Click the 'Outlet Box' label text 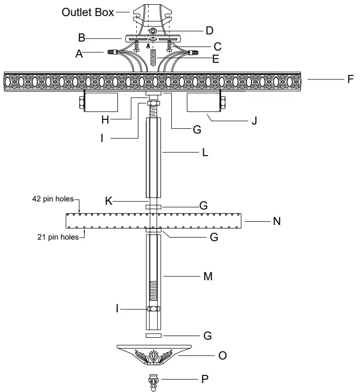88,12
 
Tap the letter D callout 209,31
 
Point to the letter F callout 350,79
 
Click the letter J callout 254,121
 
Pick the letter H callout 105,120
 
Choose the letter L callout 205,153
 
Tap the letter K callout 109,201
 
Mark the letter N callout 277,221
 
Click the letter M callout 208,276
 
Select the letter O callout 223,355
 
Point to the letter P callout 205,378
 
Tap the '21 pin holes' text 58,237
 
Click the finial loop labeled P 153,381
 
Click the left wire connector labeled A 113,52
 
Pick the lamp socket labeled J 204,103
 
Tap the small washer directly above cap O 153,335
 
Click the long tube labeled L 153,158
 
